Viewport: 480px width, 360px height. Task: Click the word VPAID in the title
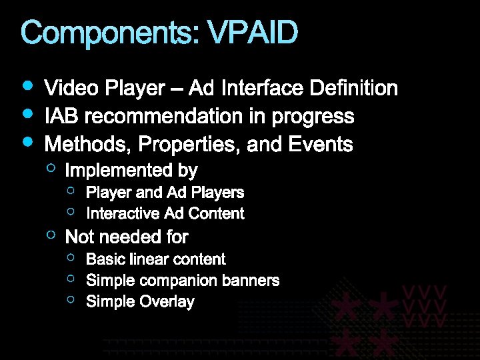pyautogui.click(x=253, y=33)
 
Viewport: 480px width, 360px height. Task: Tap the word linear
pyautogui.click(x=151, y=259)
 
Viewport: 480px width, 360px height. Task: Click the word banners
pyautogui.click(x=249, y=280)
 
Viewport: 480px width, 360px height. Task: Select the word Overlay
pyautogui.click(x=167, y=302)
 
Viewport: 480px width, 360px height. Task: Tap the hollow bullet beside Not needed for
pyautogui.click(x=51, y=235)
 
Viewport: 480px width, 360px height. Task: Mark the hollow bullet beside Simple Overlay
pyautogui.click(x=72, y=300)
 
